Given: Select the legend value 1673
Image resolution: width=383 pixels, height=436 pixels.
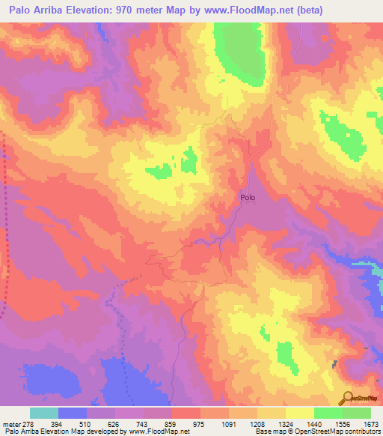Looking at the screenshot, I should point(371,424).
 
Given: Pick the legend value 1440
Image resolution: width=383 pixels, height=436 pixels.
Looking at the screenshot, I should point(314,424).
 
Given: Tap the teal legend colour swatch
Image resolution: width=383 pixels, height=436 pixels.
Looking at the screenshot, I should point(44,413).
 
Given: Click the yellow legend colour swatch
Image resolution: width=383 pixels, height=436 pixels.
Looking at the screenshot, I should point(300,413).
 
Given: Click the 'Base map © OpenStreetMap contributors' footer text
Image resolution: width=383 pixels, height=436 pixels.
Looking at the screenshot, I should point(317,432).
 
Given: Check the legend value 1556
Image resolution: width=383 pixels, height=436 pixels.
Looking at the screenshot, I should point(343,424).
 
